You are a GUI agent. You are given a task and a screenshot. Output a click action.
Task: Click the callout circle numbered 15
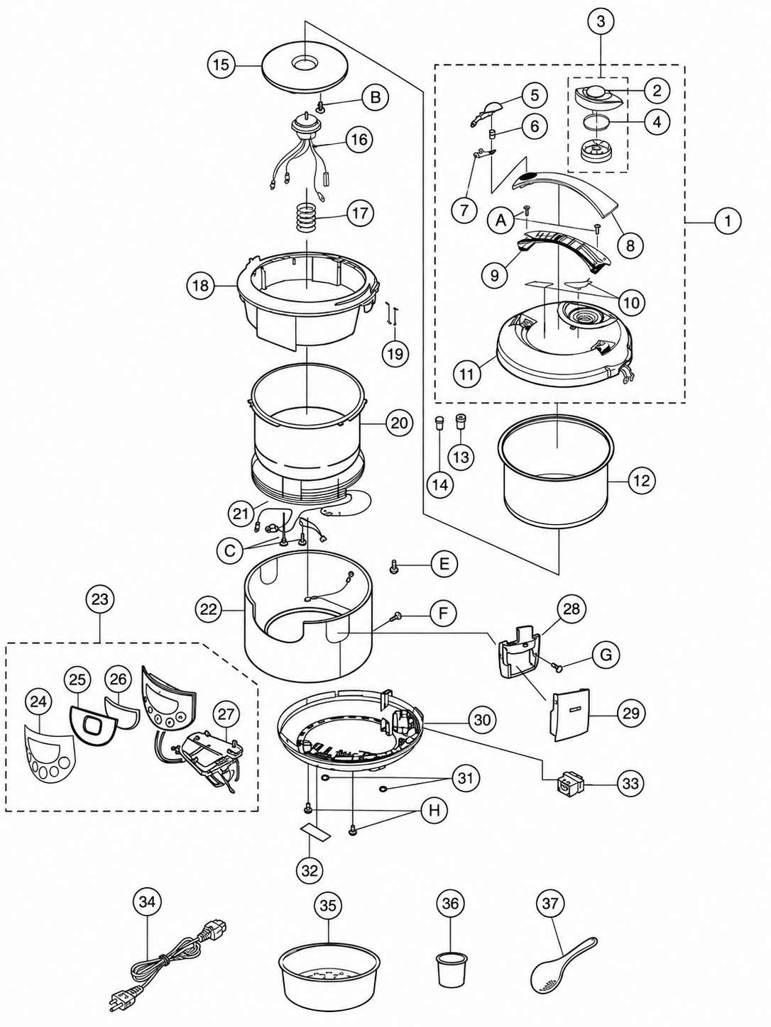point(222,65)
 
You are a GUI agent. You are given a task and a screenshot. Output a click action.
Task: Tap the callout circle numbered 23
point(100,599)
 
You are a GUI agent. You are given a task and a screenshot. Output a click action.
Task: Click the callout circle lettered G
point(606,655)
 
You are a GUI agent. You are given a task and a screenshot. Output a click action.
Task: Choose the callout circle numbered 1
point(728,221)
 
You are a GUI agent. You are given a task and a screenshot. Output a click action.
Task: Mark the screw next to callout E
point(393,567)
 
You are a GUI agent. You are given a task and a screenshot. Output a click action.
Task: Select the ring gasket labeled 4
point(596,123)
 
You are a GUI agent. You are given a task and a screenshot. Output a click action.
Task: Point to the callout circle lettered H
point(434,811)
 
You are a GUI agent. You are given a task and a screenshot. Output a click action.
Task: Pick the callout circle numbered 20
point(400,423)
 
